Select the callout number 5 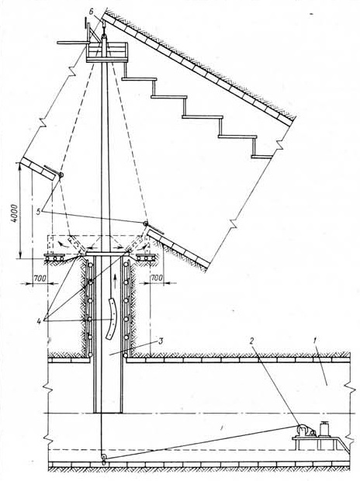(39, 212)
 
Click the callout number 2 (252, 342)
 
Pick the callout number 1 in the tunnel (314, 341)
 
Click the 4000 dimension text (16, 213)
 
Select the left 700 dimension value (40, 279)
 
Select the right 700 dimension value (157, 278)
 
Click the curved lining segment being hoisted (112, 319)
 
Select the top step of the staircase (139, 79)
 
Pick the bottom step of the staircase (261, 157)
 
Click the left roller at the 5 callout (61, 175)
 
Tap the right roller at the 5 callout (145, 223)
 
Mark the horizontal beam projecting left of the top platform (72, 43)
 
